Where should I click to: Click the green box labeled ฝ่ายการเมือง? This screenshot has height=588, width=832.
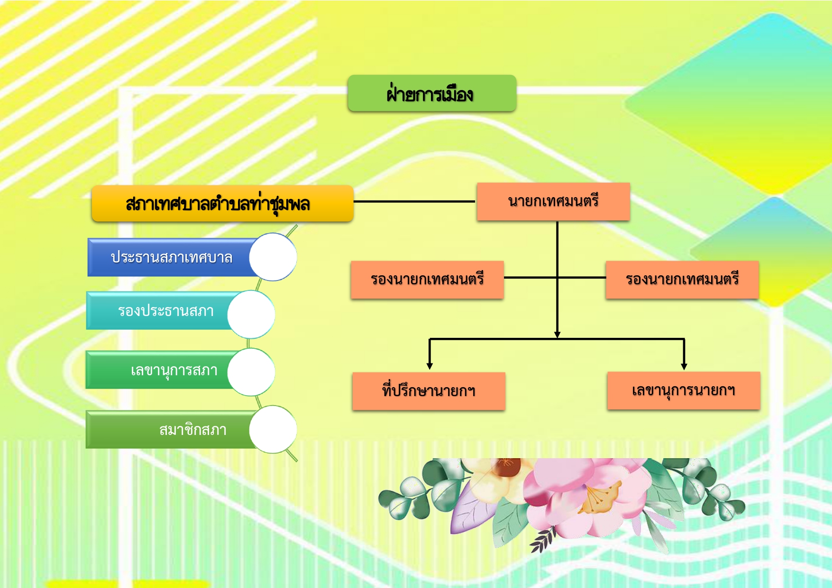pos(431,93)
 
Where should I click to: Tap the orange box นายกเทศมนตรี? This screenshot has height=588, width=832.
pos(553,201)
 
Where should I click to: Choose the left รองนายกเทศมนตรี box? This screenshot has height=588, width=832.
pos(427,279)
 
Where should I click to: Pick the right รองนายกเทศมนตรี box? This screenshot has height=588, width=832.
pos(682,279)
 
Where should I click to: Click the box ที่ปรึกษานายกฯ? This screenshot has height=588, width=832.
pos(429,391)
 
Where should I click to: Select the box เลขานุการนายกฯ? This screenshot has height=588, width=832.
pos(683,390)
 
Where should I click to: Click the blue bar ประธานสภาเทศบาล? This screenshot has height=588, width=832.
pos(171,257)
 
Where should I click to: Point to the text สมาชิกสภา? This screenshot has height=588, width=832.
pos(192,430)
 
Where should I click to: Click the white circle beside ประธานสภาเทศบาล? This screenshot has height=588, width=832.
pos(273,257)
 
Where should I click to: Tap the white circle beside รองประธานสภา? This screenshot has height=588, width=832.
pos(251,314)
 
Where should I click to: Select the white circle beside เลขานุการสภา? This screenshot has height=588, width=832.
pos(251,372)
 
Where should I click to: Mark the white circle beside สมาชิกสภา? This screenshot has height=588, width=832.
pos(273,429)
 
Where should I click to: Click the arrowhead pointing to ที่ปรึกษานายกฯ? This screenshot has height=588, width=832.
pos(430,366)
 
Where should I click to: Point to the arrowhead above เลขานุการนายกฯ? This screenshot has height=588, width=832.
pos(684,366)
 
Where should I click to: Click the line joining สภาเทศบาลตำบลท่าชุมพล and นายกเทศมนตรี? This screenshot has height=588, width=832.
pos(414,201)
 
